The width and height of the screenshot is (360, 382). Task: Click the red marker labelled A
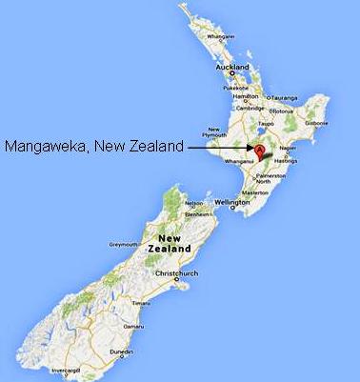tap(257, 149)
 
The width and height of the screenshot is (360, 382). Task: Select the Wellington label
tap(232, 203)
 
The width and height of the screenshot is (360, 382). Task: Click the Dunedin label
tap(122, 352)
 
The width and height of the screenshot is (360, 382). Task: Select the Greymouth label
tap(125, 244)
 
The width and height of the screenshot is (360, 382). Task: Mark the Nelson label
tap(194, 203)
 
